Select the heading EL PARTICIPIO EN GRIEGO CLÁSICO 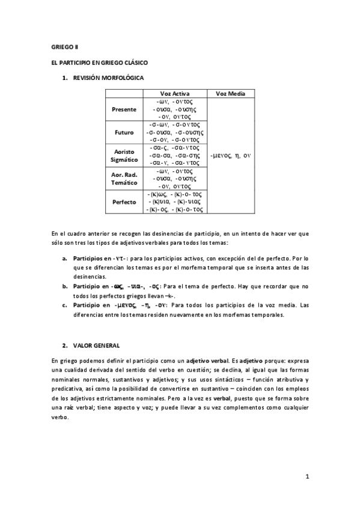(100, 62)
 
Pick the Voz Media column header (231, 94)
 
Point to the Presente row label (124, 110)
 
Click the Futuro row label (124, 132)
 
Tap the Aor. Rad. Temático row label (124, 178)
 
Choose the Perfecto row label (124, 202)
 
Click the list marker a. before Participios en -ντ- (65, 258)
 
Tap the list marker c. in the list (65, 305)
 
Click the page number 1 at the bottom (307, 478)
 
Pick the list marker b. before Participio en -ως (65, 286)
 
